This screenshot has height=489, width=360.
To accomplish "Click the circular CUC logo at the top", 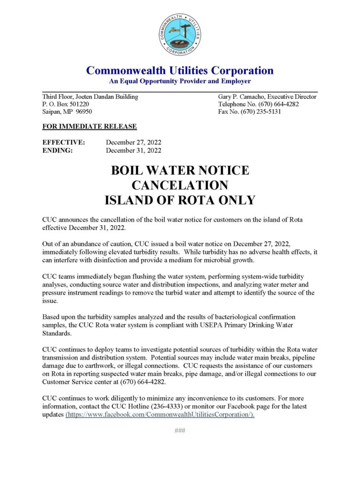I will click(180, 34).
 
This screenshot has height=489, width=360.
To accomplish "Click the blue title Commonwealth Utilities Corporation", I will click(180, 71).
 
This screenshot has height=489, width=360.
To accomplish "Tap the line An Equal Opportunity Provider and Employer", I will click(180, 81).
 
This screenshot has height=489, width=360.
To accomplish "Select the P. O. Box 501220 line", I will click(65, 104).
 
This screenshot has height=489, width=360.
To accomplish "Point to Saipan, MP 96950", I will click(67, 112).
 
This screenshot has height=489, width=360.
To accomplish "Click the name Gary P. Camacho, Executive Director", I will click(267, 96).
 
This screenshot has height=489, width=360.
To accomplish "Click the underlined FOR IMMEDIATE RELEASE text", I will click(90, 127).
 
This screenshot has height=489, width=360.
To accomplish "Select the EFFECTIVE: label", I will click(64, 142).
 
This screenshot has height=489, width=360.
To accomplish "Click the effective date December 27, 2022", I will click(134, 142).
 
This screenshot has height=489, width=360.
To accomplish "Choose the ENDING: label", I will click(58, 150).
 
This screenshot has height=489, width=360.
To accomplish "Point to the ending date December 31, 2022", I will click(134, 150).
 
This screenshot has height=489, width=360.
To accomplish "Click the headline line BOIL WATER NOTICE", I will click(180, 170).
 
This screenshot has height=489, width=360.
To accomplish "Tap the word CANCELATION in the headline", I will click(180, 185).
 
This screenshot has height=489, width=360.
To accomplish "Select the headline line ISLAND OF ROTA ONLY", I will click(180, 200).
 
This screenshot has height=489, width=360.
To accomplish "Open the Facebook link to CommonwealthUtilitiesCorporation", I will click(160, 415).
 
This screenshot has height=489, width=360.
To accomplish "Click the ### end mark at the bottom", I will click(180, 431).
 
